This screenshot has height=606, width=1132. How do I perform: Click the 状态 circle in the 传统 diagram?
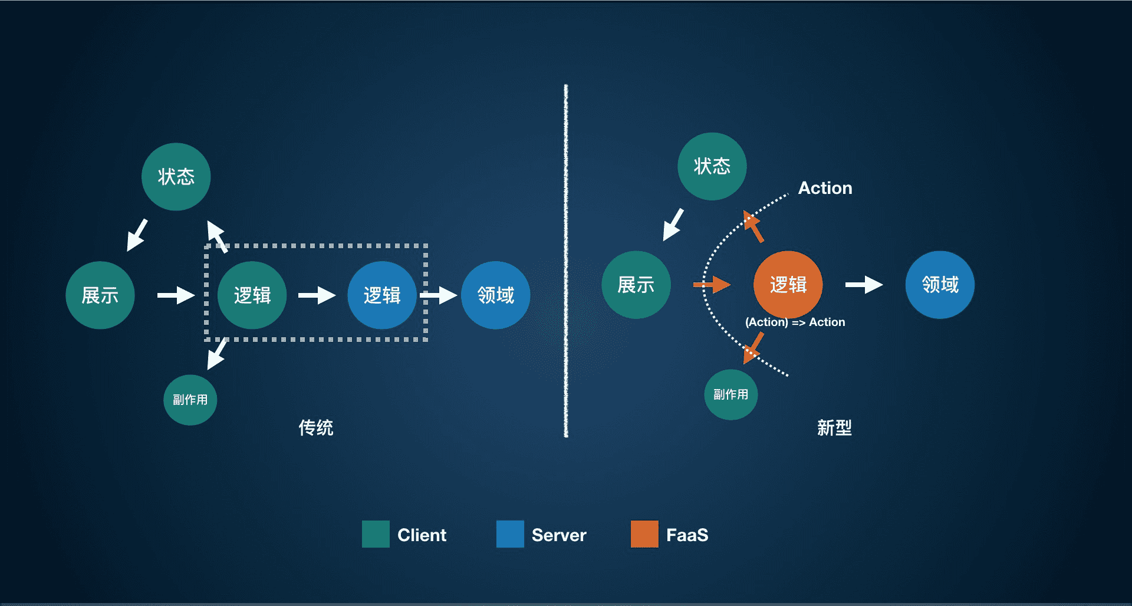[176, 177]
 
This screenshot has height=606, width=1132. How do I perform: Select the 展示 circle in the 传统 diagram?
[100, 295]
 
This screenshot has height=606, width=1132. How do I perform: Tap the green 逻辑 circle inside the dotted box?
[252, 295]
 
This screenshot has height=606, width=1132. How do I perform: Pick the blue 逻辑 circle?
[382, 295]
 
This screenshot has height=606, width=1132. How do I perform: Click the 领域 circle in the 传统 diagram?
[496, 295]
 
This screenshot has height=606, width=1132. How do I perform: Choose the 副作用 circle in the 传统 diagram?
[190, 400]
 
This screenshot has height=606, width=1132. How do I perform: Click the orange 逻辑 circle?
[788, 285]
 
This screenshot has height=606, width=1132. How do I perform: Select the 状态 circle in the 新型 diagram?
[712, 166]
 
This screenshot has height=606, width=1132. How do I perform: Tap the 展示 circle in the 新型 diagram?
[636, 285]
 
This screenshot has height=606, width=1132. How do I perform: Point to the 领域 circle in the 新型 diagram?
[940, 285]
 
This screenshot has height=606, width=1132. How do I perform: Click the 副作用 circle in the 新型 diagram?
[731, 394]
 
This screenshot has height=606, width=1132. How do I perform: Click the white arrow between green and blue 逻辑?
[317, 295]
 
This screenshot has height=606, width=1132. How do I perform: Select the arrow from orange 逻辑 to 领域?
[864, 285]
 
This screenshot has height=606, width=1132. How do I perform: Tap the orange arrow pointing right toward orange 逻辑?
[712, 285]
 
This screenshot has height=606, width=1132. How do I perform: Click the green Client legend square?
[376, 534]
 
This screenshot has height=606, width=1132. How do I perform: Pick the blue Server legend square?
[510, 534]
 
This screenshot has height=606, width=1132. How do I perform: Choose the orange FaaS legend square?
[644, 534]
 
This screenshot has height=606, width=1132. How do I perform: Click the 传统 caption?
[316, 427]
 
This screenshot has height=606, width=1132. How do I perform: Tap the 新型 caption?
[834, 427]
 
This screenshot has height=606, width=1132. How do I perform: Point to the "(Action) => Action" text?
[795, 322]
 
